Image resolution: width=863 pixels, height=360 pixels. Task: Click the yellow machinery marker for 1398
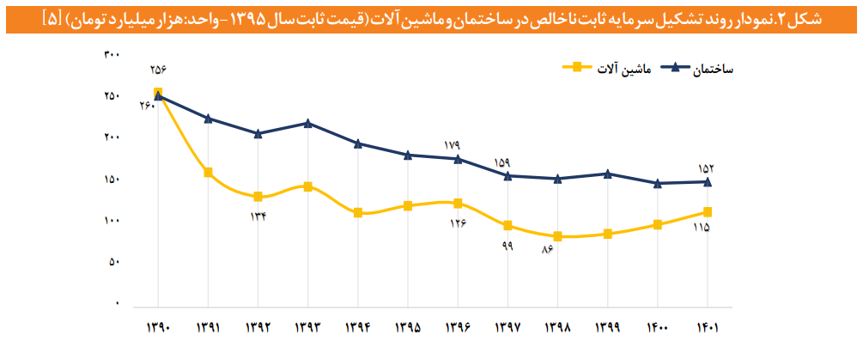pos(557,236)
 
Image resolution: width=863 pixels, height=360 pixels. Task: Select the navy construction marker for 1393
pos(307,123)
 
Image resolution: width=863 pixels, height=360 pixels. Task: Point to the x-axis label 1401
pos(707,327)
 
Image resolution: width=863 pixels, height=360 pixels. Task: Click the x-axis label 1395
pos(408,327)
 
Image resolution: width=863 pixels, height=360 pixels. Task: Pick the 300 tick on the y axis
pos(111,54)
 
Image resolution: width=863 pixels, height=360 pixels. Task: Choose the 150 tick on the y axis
pos(111,180)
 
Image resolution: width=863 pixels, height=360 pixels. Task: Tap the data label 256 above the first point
pos(158,70)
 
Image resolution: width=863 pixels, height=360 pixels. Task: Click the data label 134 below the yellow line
pos(258,216)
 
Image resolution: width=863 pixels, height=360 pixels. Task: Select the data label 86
pos(546,250)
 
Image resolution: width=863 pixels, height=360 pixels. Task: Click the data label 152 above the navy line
pos(707,168)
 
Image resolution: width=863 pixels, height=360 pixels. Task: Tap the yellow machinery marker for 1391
pos(208,173)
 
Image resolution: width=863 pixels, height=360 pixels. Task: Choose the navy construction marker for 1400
pos(657,183)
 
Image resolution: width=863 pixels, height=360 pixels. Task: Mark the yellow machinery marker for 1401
pos(707,211)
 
